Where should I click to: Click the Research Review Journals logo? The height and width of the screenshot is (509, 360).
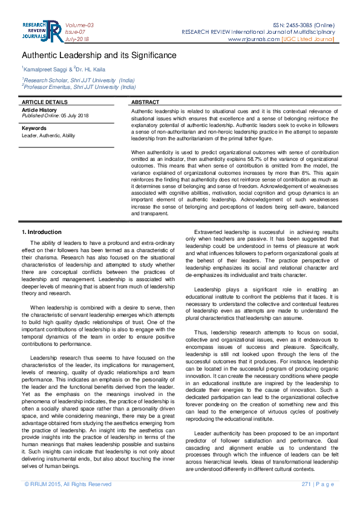click(x=42, y=31)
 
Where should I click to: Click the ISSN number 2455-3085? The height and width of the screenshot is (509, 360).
click(x=301, y=25)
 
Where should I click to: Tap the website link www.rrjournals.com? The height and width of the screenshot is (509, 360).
click(x=254, y=39)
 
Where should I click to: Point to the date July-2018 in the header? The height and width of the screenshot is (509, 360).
click(x=76, y=39)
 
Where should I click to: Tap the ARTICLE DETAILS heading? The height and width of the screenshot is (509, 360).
click(x=45, y=103)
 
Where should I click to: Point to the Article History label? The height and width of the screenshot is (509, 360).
click(x=39, y=110)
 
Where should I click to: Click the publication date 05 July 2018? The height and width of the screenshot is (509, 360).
click(x=74, y=115)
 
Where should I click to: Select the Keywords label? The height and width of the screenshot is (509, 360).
click(x=34, y=128)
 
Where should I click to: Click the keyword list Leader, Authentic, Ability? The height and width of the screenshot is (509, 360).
click(x=48, y=135)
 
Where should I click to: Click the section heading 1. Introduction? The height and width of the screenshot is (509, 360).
click(x=41, y=232)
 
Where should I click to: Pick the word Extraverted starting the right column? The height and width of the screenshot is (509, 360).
click(x=209, y=232)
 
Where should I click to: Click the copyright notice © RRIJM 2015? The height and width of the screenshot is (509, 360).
click(x=68, y=484)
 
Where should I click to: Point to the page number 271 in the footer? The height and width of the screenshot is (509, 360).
click(x=306, y=484)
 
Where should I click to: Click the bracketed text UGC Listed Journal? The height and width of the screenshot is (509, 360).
click(x=308, y=39)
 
